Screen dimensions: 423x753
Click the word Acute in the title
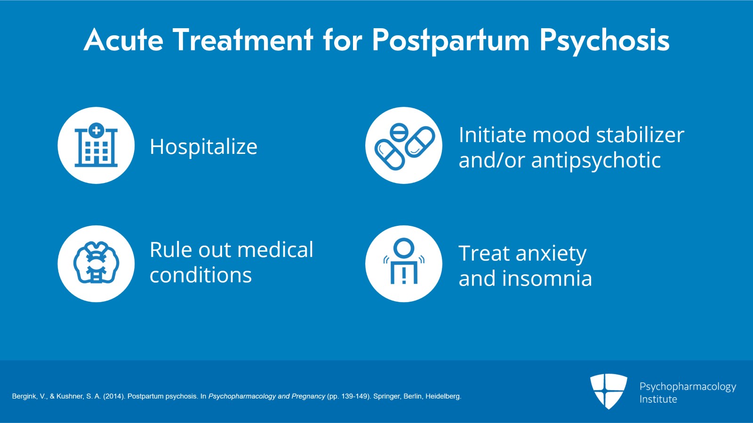point(124,40)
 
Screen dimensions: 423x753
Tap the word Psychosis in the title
point(604,41)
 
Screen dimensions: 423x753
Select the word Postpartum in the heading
point(451,41)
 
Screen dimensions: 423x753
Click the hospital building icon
point(96,145)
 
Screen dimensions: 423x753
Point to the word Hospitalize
point(203,147)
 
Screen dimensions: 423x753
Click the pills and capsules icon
point(404,145)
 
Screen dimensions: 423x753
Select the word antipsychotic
point(596,160)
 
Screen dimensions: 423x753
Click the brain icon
point(96,263)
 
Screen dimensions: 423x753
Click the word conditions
point(200,275)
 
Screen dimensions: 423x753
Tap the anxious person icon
point(404,263)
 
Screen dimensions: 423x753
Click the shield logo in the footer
point(609,391)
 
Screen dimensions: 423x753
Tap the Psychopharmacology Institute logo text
point(687,392)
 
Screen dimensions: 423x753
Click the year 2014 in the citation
point(113,396)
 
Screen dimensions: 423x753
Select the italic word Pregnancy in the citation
point(308,396)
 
